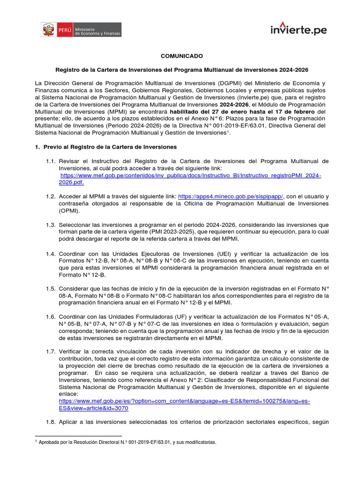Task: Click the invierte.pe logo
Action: click(x=298, y=29)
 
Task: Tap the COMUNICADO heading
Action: click(x=182, y=56)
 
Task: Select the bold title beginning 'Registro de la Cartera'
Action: click(x=182, y=69)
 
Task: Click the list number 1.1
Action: click(x=51, y=161)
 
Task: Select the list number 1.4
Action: click(x=51, y=254)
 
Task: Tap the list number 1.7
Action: click(x=51, y=351)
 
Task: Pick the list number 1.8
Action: click(x=51, y=422)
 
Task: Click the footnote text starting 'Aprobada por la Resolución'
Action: click(x=127, y=442)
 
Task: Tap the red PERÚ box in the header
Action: click(x=65, y=30)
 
